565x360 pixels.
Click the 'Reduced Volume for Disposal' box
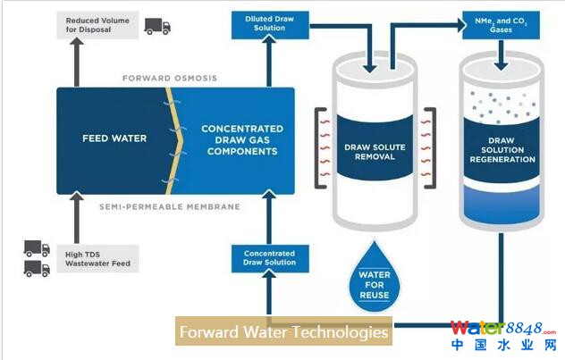[x=96, y=26]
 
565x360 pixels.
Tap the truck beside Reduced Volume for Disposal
[x=156, y=27]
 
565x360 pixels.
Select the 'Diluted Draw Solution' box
[x=264, y=23]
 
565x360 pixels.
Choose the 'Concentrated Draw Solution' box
[x=269, y=258]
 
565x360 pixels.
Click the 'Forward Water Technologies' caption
[x=284, y=333]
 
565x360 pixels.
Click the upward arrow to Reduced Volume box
[x=78, y=63]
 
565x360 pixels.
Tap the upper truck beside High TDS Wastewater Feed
[x=37, y=247]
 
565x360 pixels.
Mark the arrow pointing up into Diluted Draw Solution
[x=264, y=63]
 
